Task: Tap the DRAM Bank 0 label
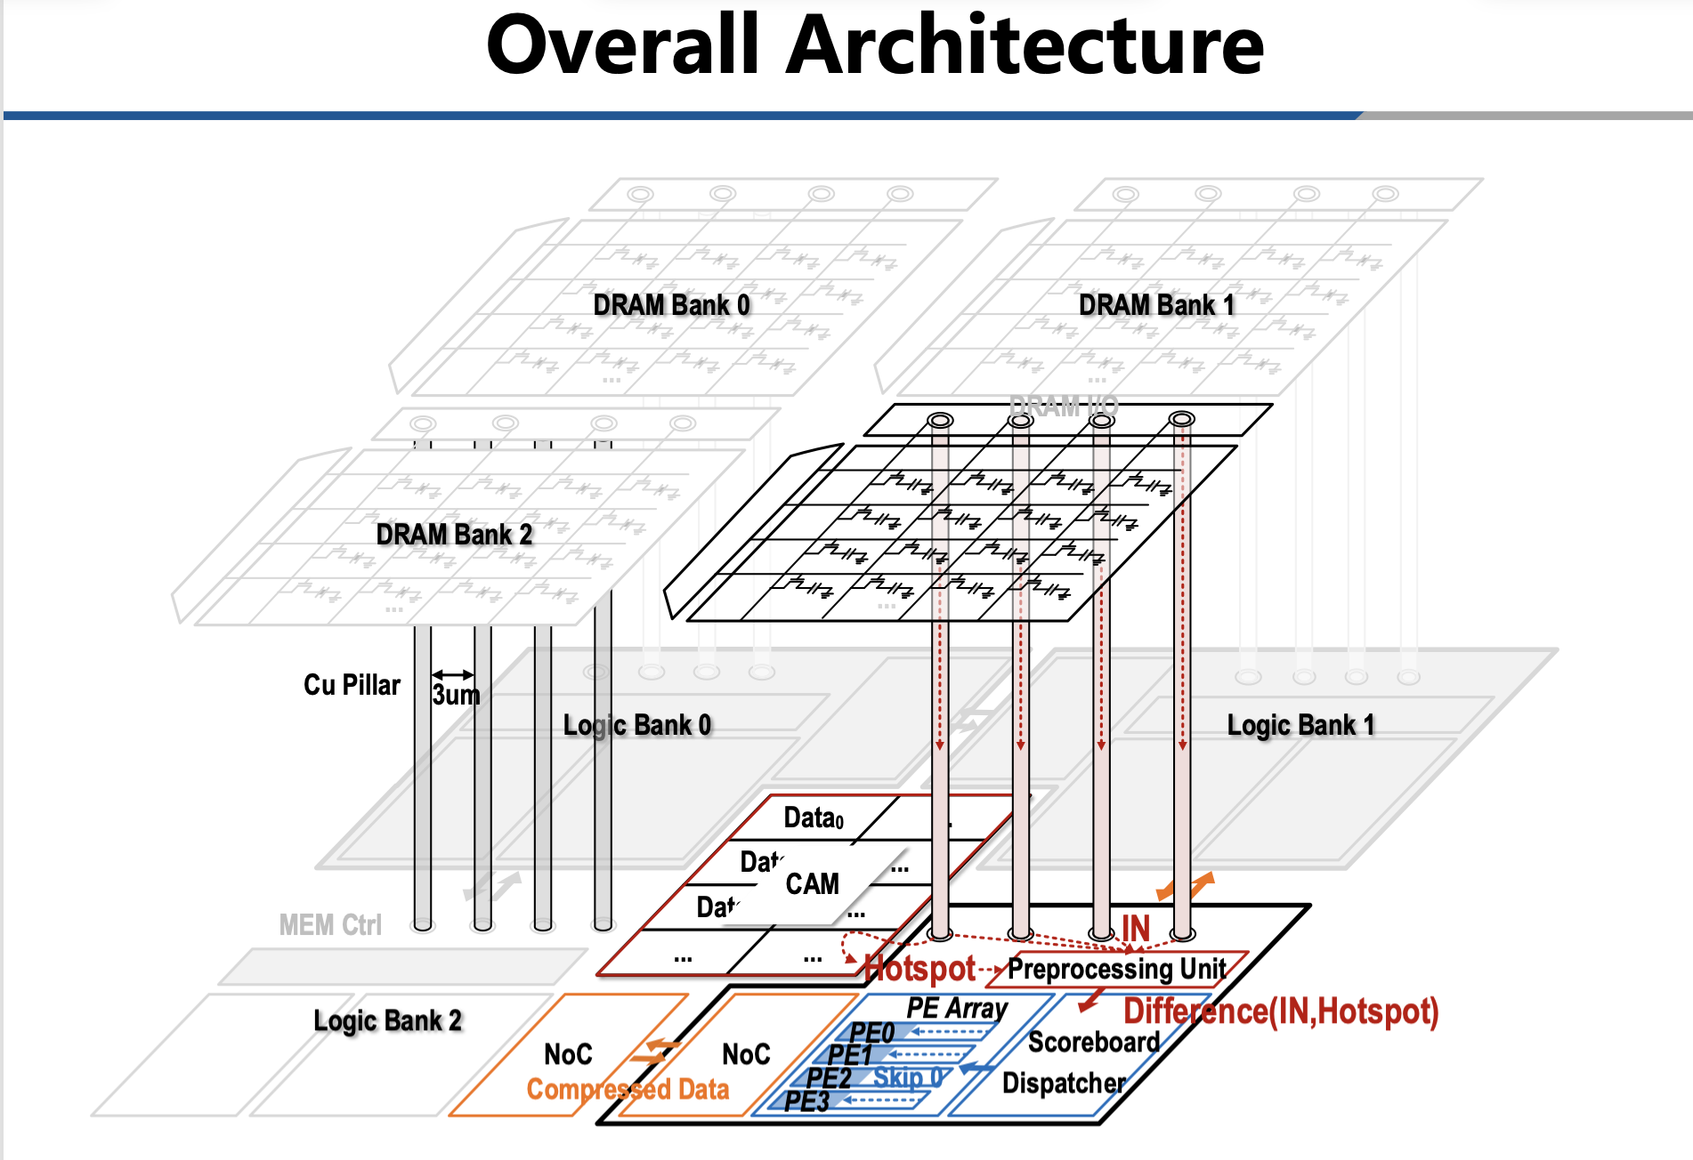(671, 305)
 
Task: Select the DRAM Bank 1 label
(1156, 305)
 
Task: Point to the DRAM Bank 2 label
(454, 535)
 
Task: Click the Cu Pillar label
(352, 685)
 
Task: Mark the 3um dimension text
(456, 695)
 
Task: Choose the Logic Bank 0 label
(637, 725)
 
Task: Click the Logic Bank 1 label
(1300, 725)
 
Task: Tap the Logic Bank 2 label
(387, 1020)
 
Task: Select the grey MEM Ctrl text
(330, 925)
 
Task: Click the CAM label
(812, 883)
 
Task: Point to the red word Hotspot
(920, 968)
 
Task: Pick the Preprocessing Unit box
(1117, 968)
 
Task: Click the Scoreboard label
(1094, 1042)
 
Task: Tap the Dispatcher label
(1064, 1083)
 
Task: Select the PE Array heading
(957, 1008)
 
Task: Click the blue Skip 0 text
(907, 1077)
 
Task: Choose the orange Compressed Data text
(628, 1089)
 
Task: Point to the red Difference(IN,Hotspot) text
(1281, 1011)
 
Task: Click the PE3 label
(806, 1101)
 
